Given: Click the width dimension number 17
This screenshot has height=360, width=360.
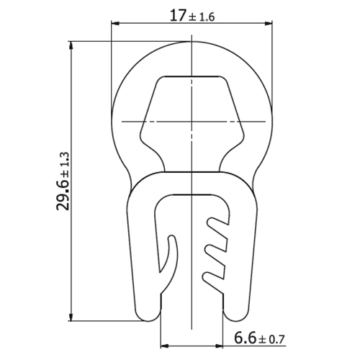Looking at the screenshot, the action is [178, 16].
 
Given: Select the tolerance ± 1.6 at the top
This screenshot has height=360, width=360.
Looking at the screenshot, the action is [202, 17].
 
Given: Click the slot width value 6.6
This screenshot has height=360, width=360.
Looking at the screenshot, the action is [245, 338].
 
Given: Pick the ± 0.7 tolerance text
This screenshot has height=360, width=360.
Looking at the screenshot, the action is [271, 340].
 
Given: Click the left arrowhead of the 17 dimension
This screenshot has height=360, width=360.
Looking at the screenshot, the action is [115, 24].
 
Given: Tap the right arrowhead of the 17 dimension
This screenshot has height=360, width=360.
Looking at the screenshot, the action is [269, 24].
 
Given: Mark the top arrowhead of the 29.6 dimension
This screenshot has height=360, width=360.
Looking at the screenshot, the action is [71, 46].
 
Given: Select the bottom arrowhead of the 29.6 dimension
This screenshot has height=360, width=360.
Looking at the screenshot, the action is [71, 317].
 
